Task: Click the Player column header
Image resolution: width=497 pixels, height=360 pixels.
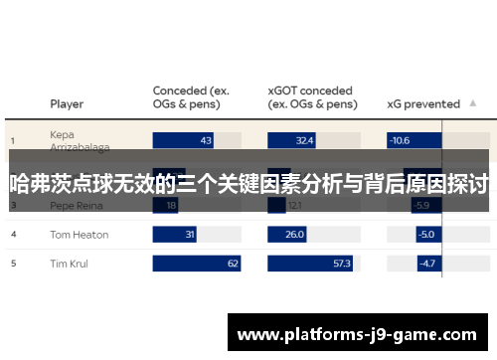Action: coord(67,103)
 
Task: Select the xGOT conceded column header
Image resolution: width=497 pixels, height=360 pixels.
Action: coord(312,96)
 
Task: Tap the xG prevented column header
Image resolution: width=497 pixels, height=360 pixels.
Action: coord(422,103)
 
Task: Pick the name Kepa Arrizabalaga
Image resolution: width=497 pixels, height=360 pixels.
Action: coord(81,140)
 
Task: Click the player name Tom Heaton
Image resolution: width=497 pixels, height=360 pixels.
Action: coord(79,235)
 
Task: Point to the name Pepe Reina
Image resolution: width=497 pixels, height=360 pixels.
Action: coord(76,206)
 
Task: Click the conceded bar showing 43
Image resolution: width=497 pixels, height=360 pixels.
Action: coord(183,141)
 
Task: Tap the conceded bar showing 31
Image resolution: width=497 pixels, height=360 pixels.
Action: coord(175,235)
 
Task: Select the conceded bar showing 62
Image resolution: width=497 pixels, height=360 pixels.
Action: coord(197,264)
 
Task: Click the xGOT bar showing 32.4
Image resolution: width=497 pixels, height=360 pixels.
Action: coord(293,141)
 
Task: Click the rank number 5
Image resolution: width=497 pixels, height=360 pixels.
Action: coord(14,264)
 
